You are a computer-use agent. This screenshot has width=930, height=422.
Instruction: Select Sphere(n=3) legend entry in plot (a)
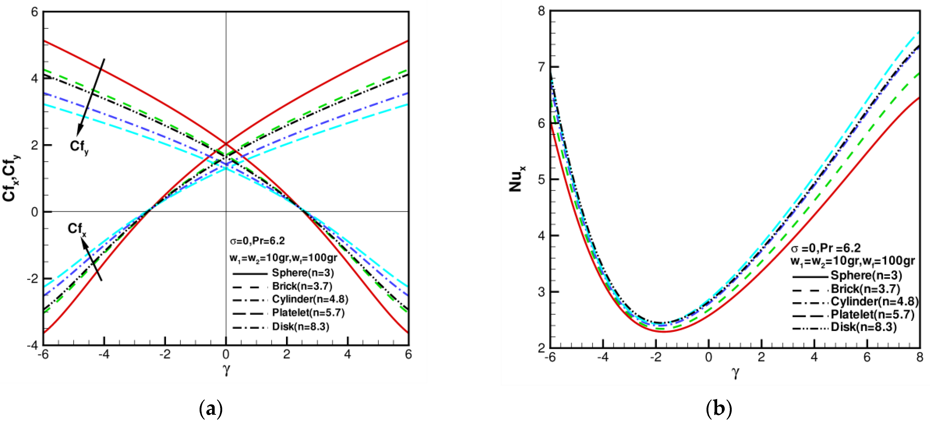(x=303, y=273)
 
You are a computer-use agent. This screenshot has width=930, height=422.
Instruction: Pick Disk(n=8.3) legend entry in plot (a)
(x=300, y=327)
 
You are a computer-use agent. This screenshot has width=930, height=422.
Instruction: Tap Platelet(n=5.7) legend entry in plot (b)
(x=872, y=314)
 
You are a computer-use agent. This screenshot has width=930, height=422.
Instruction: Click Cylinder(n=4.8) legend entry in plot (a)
(x=310, y=299)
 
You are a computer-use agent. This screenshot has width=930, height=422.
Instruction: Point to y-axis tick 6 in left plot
(x=34, y=12)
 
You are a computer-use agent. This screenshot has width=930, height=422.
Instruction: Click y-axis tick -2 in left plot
(x=32, y=278)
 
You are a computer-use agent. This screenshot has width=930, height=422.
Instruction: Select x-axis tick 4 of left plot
(x=347, y=355)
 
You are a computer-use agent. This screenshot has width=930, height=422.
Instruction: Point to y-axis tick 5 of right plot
(x=541, y=180)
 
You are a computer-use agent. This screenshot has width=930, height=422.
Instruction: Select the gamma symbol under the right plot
(x=735, y=372)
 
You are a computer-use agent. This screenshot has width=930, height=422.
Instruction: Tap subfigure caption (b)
(x=719, y=409)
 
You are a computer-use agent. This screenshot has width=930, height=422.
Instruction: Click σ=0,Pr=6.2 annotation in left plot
(x=257, y=241)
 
